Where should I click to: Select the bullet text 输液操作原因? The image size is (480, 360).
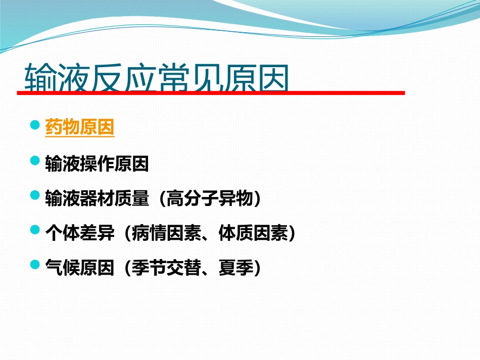pyautogui.click(x=97, y=164)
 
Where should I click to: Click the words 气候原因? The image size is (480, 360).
pyautogui.click(x=80, y=268)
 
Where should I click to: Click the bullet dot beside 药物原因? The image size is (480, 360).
pyautogui.click(x=35, y=125)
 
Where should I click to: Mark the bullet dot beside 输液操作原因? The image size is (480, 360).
pyautogui.click(x=35, y=161)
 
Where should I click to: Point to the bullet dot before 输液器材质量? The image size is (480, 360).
pyautogui.click(x=35, y=195)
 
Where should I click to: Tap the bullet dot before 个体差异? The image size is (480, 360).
pyautogui.click(x=35, y=230)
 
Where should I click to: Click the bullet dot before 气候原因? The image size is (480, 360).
pyautogui.click(x=35, y=264)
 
